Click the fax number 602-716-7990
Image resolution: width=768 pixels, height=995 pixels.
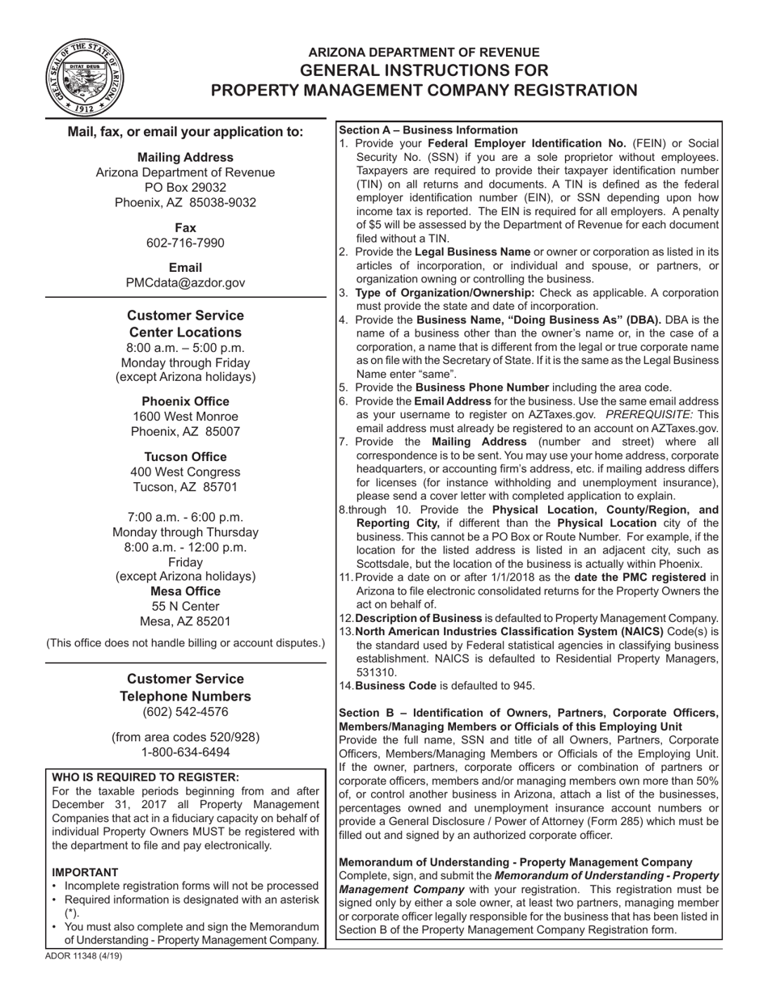185,243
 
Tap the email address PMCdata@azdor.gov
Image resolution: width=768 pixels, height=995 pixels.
185,282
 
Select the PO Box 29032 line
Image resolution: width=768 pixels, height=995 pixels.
185,187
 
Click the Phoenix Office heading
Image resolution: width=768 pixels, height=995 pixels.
185,401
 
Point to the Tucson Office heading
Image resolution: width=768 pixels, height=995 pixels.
185,456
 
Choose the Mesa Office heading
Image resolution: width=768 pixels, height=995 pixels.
185,591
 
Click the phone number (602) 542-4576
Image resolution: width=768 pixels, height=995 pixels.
185,712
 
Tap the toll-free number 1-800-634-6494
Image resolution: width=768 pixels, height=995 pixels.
185,752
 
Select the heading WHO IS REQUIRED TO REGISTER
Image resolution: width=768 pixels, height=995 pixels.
146,777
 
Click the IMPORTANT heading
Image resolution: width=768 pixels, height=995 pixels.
85,872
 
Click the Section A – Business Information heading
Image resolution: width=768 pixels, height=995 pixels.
428,129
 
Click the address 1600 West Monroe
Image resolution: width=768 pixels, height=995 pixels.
185,417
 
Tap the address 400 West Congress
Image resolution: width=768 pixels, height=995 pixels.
185,472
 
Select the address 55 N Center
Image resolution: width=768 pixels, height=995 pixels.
185,606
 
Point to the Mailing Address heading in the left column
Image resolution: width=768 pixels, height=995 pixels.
185,157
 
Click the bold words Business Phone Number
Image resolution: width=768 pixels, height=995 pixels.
482,387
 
